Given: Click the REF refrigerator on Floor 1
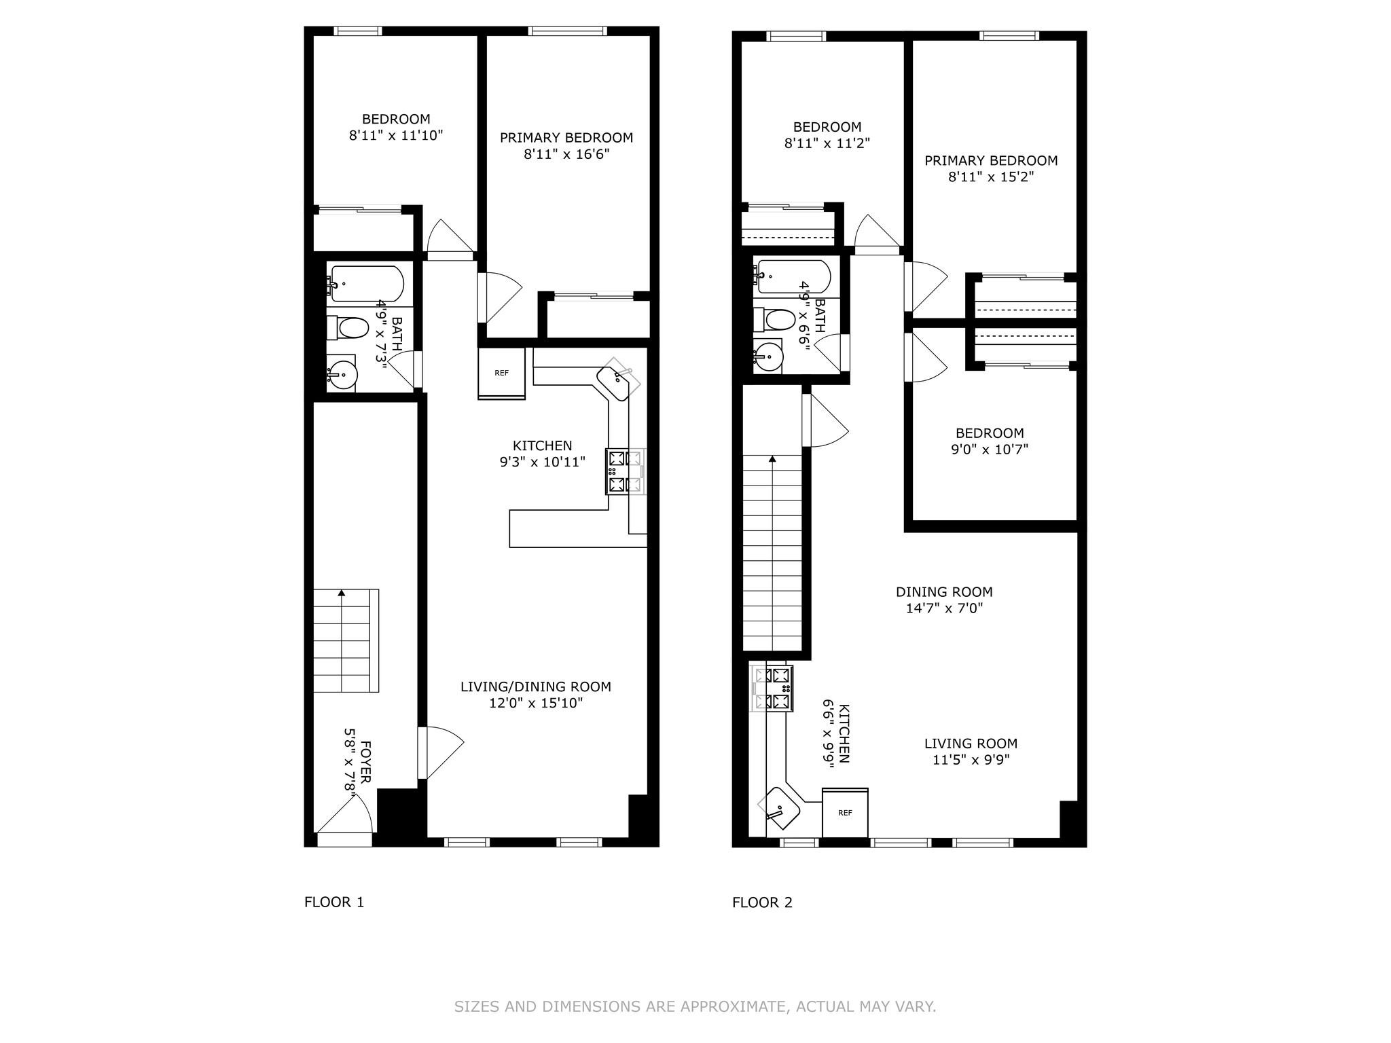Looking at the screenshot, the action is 501,373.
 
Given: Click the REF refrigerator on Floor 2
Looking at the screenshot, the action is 845,813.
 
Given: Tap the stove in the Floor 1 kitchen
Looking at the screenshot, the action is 626,471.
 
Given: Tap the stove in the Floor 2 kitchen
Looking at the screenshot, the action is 772,689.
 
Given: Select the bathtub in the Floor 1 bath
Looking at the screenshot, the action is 366,283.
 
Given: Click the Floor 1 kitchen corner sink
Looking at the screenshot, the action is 617,380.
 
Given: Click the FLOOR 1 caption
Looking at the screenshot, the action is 334,902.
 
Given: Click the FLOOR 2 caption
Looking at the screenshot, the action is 762,902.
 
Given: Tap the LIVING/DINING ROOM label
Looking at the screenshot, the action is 536,687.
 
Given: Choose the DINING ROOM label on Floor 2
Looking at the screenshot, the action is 944,591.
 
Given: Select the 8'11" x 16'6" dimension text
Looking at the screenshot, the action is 566,154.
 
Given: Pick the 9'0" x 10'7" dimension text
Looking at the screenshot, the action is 990,449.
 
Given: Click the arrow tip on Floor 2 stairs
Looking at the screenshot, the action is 772,457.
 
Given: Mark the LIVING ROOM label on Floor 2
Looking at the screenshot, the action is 971,744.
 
